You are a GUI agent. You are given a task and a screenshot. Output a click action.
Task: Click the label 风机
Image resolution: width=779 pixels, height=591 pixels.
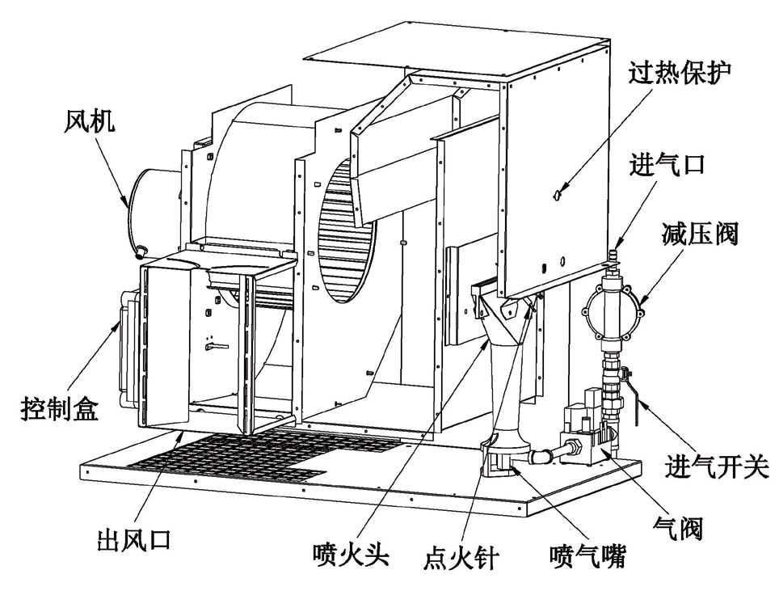pos(90,122)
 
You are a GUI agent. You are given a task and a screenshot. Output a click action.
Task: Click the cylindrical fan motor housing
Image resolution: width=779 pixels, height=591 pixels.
pos(154,206)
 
